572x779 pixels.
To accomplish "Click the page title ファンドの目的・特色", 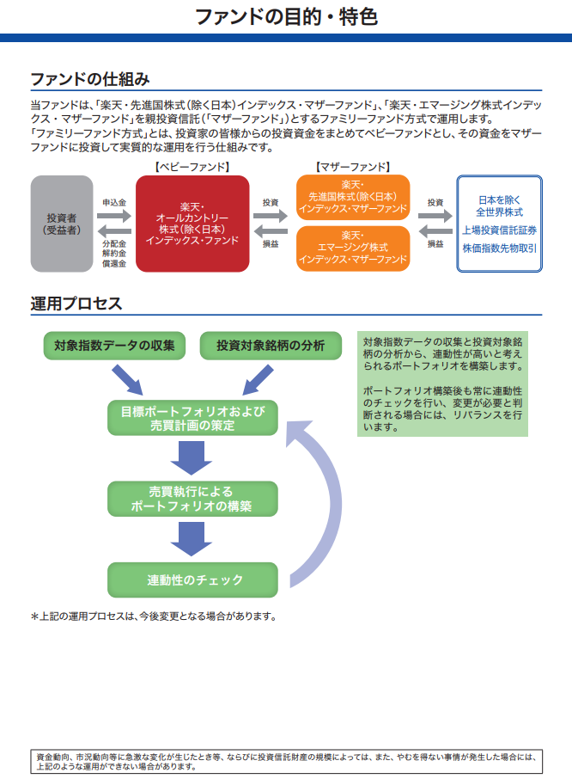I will click(286, 16).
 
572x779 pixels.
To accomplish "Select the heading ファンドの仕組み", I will click(90, 79).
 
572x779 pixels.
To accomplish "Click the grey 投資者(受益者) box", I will click(62, 224).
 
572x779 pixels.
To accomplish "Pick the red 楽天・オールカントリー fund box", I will click(192, 224).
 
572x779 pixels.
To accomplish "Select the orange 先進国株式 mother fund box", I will click(352, 197).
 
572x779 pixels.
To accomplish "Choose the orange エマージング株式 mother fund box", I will click(352, 248).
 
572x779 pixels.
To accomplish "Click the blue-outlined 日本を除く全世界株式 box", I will click(499, 224).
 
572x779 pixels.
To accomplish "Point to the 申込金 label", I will click(114, 202).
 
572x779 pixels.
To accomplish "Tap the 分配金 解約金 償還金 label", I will click(114, 254).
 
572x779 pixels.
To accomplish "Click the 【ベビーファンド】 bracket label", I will click(192, 166).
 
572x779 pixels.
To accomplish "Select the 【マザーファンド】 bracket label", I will click(352, 166).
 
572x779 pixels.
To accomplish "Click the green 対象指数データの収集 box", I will click(114, 346).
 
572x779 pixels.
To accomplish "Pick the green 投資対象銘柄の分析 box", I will click(271, 346).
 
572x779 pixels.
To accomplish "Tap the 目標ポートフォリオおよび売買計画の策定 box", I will click(192, 418).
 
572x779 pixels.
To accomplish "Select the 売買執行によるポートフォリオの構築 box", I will click(192, 498).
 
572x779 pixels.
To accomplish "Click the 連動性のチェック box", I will click(192, 579).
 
